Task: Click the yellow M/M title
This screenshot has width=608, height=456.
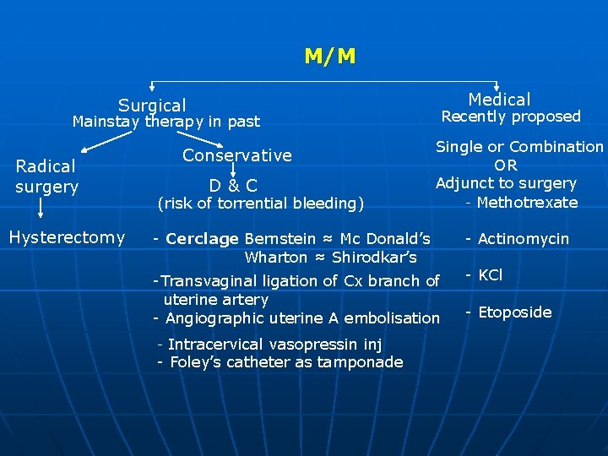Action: (x=330, y=57)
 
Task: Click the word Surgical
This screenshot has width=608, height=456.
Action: (x=152, y=106)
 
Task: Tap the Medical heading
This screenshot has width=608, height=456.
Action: (x=499, y=100)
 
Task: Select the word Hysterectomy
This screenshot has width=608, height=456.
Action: (x=67, y=237)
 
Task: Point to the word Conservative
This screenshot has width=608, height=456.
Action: (x=237, y=155)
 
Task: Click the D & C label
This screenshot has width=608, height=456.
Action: (x=234, y=185)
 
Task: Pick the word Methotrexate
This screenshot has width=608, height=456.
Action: (x=527, y=202)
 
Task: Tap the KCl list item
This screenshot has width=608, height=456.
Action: (x=490, y=274)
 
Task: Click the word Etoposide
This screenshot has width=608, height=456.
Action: (x=514, y=312)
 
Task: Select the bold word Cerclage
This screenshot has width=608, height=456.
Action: (x=203, y=239)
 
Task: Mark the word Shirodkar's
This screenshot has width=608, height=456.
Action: (x=376, y=258)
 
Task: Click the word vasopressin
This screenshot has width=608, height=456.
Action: (x=314, y=345)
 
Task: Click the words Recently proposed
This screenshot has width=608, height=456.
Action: (x=512, y=117)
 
